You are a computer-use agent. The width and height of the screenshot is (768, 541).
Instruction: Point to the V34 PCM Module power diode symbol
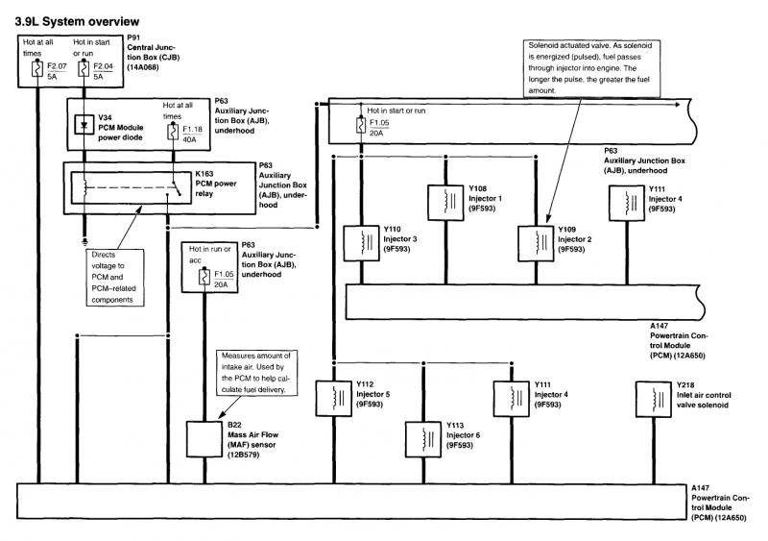[84, 125]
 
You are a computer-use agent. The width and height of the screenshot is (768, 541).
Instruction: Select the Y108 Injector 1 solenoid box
[444, 200]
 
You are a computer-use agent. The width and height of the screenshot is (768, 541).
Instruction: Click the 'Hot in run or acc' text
[209, 253]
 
